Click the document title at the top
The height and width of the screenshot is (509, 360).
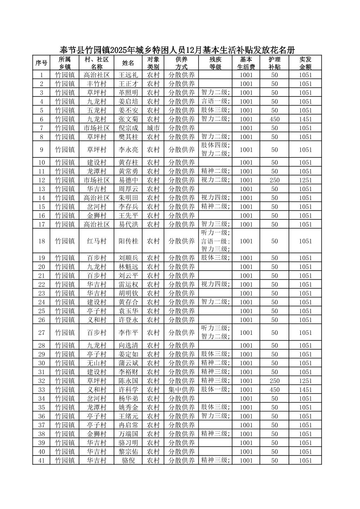click(177, 50)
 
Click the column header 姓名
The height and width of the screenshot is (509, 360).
click(128, 63)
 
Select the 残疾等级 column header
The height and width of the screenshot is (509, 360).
click(215, 63)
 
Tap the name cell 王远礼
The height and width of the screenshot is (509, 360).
click(128, 75)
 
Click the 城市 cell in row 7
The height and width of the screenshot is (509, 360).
click(153, 128)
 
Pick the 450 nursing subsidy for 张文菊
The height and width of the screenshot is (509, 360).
click(275, 119)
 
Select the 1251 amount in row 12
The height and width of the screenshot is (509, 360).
click(305, 180)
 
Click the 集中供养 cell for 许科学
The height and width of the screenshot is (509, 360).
click(181, 390)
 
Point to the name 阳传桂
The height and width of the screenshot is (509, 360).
click(128, 241)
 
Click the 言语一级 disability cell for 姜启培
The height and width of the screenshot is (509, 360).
click(215, 101)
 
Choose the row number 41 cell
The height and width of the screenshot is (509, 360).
click(42, 460)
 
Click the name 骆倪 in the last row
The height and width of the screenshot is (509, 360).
click(128, 460)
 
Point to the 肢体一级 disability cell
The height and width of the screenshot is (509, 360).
click(215, 389)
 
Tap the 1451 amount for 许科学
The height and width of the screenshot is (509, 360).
click(305, 390)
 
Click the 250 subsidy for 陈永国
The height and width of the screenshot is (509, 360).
click(275, 381)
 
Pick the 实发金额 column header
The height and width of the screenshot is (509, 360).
click(305, 63)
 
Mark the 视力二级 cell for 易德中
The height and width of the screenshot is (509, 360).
click(215, 180)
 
